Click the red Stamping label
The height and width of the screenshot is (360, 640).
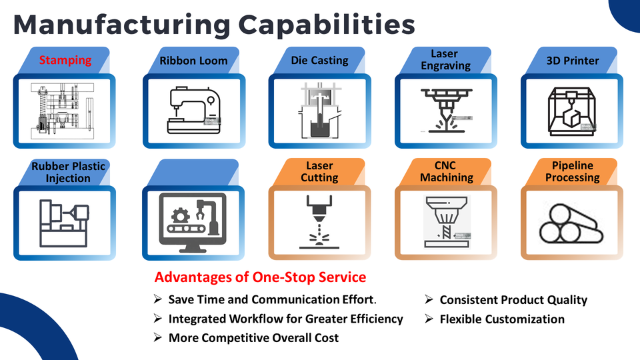(x=65, y=60)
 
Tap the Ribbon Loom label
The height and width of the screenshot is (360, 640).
(x=193, y=61)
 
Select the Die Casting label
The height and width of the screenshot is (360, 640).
(x=319, y=60)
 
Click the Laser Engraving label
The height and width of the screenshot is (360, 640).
(x=445, y=59)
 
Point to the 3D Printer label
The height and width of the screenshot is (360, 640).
(x=572, y=61)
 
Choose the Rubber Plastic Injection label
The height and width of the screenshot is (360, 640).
(x=68, y=172)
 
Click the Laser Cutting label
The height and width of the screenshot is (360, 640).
(x=319, y=171)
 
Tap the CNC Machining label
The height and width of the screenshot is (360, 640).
(x=446, y=171)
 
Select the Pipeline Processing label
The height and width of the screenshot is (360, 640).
(x=573, y=171)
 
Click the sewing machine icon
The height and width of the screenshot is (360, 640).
(x=193, y=111)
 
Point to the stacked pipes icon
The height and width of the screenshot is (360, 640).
(x=571, y=224)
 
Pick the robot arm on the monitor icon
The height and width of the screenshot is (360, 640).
(x=207, y=217)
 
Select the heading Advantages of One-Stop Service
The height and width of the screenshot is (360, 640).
(x=260, y=277)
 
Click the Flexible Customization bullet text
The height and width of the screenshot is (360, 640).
(x=501, y=319)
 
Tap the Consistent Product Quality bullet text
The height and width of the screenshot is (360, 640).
(x=513, y=300)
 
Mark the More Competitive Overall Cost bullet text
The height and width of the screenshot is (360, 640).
(x=253, y=338)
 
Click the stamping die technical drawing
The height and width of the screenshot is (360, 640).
(x=65, y=111)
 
